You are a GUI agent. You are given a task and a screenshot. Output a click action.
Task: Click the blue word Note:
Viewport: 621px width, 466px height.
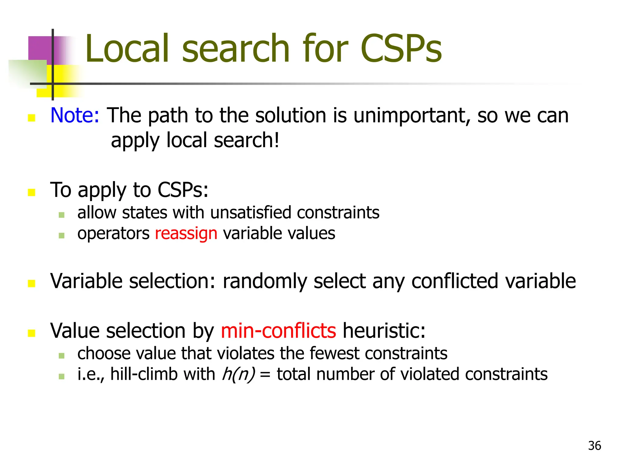(75, 116)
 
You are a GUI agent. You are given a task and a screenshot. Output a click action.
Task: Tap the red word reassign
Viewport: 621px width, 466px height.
(186, 234)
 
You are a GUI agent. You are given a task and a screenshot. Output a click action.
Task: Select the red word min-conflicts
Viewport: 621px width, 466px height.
(278, 331)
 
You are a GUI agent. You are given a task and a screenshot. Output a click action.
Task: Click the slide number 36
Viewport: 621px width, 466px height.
(594, 446)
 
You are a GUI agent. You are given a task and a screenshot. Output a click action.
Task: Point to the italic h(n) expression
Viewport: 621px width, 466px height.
(238, 374)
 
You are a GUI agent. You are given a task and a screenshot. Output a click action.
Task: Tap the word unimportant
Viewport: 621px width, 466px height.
(412, 116)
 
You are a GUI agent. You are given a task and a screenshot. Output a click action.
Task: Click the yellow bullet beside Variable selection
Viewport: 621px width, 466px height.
(32, 283)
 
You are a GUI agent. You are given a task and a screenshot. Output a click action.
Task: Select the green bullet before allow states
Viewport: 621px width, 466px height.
(62, 215)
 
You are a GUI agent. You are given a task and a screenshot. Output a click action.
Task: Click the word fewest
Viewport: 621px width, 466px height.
(334, 353)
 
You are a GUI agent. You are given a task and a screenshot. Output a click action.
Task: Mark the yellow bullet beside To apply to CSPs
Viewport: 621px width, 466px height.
(32, 192)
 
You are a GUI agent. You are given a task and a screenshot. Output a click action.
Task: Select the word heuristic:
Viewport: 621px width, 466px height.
(384, 331)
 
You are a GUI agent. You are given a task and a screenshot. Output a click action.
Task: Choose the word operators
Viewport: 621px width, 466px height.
(113, 234)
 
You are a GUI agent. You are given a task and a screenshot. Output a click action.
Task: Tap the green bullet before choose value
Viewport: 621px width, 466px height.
(62, 356)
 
